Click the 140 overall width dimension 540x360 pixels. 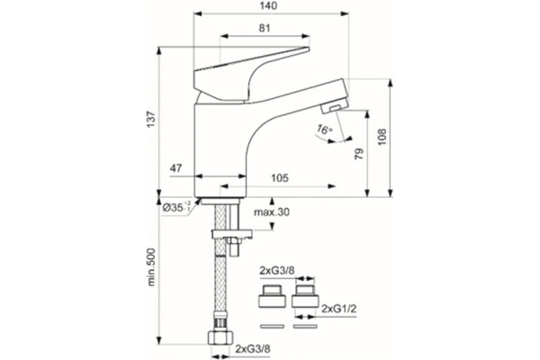tap(268, 6)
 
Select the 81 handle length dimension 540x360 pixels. tap(265, 28)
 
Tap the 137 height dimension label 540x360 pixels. tap(151, 119)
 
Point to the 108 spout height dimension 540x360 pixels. tap(382, 137)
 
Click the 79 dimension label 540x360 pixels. tap(359, 153)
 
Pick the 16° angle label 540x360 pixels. tap(324, 130)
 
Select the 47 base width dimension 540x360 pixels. tap(175, 168)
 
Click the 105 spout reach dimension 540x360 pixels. tap(279, 178)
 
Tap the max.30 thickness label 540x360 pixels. tap(272, 212)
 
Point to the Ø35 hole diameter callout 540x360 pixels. tap(176, 207)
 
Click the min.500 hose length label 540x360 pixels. tap(151, 267)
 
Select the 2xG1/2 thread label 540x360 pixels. tap(339, 309)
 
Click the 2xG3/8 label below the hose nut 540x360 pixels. tap(252, 348)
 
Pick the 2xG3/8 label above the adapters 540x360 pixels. tap(277, 270)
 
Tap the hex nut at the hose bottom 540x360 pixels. tap(220, 337)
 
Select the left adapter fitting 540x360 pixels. tap(272, 296)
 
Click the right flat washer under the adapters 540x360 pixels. tap(305, 326)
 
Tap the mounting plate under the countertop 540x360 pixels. tap(232, 234)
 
